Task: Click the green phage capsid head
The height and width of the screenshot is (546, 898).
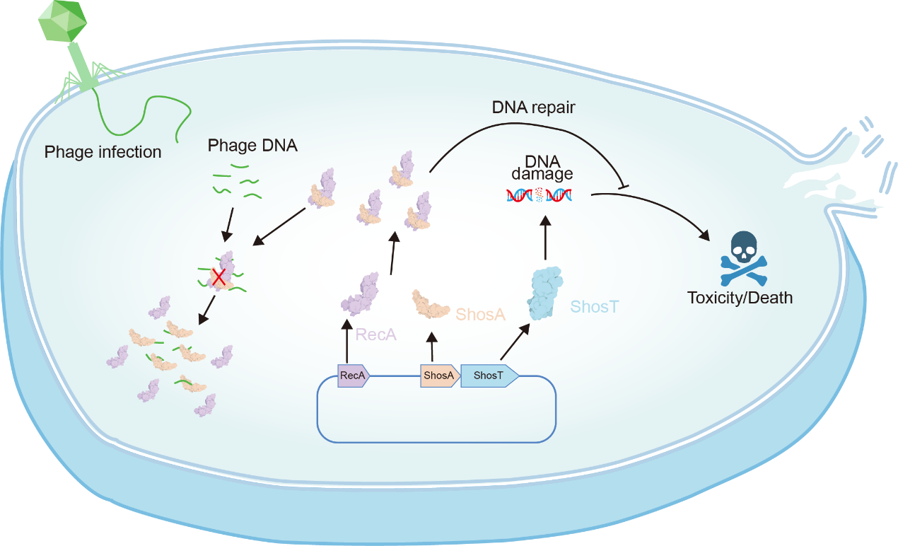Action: [64, 21]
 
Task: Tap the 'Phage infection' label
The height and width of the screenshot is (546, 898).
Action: [103, 151]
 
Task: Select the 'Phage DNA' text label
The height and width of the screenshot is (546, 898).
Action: [252, 146]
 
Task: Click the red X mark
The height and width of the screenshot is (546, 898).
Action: [220, 277]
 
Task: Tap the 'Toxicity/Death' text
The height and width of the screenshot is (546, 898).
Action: [740, 298]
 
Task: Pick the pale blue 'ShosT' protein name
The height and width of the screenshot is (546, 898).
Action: [595, 307]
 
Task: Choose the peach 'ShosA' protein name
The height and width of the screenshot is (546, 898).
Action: [481, 314]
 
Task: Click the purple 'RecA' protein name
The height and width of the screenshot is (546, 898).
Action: [375, 334]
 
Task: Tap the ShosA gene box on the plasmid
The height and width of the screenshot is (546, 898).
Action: [439, 376]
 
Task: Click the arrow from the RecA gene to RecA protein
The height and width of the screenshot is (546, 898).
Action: [346, 343]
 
